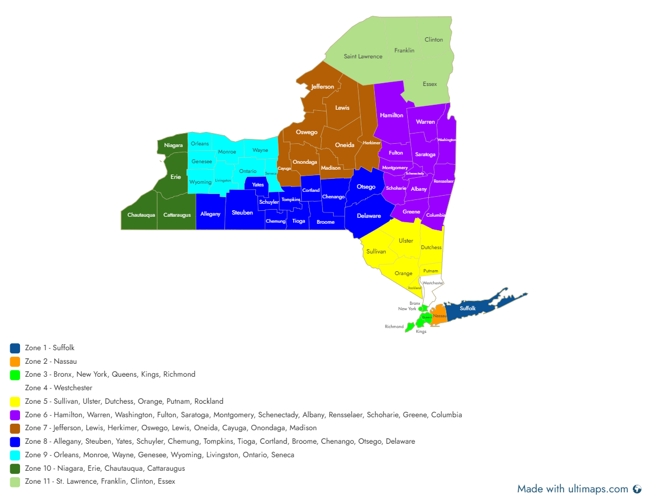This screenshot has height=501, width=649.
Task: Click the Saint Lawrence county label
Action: pos(363,56)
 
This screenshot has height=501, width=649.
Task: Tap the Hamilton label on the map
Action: pos(392,115)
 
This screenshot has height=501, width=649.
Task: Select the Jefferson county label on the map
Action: pos(322,86)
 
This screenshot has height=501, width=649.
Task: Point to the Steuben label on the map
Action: pos(242,212)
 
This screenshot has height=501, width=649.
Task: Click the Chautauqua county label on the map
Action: pos(141,215)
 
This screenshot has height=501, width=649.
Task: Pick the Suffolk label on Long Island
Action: pos(468,308)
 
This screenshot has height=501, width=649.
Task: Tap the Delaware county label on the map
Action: pos(369,216)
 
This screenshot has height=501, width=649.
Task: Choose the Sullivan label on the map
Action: pos(376,251)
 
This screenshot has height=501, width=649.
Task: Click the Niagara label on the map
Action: pos(174,145)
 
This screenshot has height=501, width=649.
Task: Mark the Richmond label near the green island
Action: pos(394,326)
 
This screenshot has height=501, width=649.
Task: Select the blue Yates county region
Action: pos(257,184)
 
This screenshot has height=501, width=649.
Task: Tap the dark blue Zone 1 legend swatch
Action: pos(15,348)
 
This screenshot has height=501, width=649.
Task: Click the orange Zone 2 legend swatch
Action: pos(15,362)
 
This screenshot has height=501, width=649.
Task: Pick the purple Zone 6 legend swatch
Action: pos(15,415)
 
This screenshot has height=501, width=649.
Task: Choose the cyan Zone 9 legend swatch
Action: pos(15,455)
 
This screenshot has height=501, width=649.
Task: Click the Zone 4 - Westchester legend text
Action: pos(58,388)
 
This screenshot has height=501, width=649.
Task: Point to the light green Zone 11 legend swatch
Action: pos(15,482)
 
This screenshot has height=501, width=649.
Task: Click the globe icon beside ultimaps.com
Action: pos(637,489)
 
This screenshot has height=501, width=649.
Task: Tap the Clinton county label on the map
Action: pos(434,39)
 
